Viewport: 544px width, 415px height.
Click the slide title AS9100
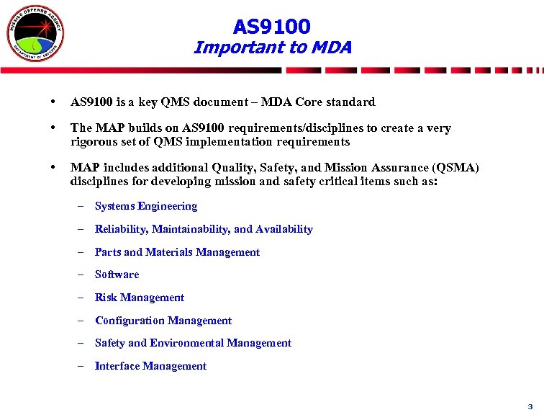272,27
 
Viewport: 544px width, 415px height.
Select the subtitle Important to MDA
272,48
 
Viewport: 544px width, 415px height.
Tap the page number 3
530,406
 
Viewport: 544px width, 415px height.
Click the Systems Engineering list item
146,206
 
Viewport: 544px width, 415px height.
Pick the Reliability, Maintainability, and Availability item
204,229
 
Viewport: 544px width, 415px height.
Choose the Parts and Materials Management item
177,252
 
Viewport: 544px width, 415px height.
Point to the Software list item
117,275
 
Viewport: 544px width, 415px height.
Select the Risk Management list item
140,298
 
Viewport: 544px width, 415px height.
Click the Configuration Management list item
163,321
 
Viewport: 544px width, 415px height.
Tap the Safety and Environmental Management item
193,343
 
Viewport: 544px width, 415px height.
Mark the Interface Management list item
150,366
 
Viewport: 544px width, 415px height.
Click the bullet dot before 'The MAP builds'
55,128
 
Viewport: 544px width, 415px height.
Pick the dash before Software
81,275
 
